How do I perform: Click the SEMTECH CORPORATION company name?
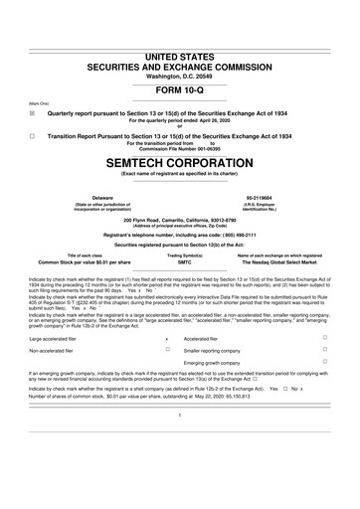(x=179, y=161)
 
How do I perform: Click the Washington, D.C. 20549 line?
(x=179, y=48)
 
